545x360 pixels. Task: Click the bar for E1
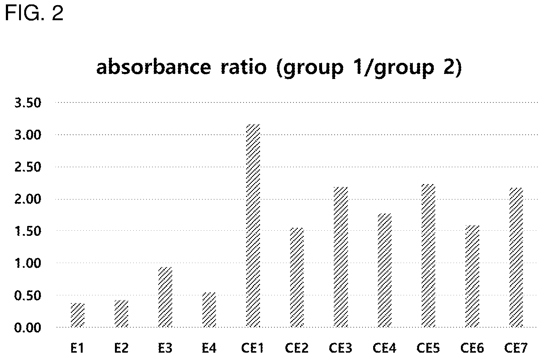[x=77, y=315]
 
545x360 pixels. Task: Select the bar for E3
[x=165, y=297]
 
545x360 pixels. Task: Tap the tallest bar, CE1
[x=253, y=226]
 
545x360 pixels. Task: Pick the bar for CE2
[x=297, y=277]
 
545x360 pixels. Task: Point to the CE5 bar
[x=428, y=256]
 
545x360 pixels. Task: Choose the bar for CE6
[x=472, y=276]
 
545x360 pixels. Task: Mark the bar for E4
[x=209, y=310]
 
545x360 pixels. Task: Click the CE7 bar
[x=516, y=258]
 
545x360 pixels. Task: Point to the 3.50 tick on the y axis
[x=28, y=103]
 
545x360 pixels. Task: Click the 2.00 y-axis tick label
[x=28, y=199]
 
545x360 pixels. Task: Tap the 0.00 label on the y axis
[x=28, y=328]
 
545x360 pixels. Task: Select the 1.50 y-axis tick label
[x=28, y=231]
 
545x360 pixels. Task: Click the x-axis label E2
[x=122, y=348]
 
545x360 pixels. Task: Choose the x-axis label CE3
[x=341, y=348]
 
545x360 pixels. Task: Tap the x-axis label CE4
[x=385, y=348]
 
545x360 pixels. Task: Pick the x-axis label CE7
[x=516, y=348]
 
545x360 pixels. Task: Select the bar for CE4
[x=385, y=270]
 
